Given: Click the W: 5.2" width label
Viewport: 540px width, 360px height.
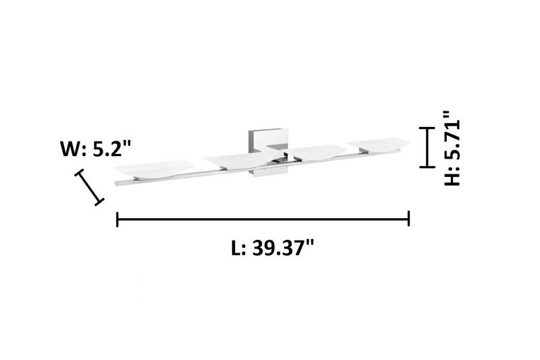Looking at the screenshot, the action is [x=96, y=149].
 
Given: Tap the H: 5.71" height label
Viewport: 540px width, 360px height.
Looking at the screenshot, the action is [x=452, y=149].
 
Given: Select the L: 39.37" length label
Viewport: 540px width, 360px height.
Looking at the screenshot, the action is [x=273, y=247].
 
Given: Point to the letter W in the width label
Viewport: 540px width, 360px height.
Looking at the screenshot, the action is [x=70, y=149].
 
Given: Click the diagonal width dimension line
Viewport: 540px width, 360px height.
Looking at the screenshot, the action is [x=90, y=187].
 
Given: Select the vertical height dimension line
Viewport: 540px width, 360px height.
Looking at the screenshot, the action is [x=427, y=147].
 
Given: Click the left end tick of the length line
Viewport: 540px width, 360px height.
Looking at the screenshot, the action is [x=117, y=219].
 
